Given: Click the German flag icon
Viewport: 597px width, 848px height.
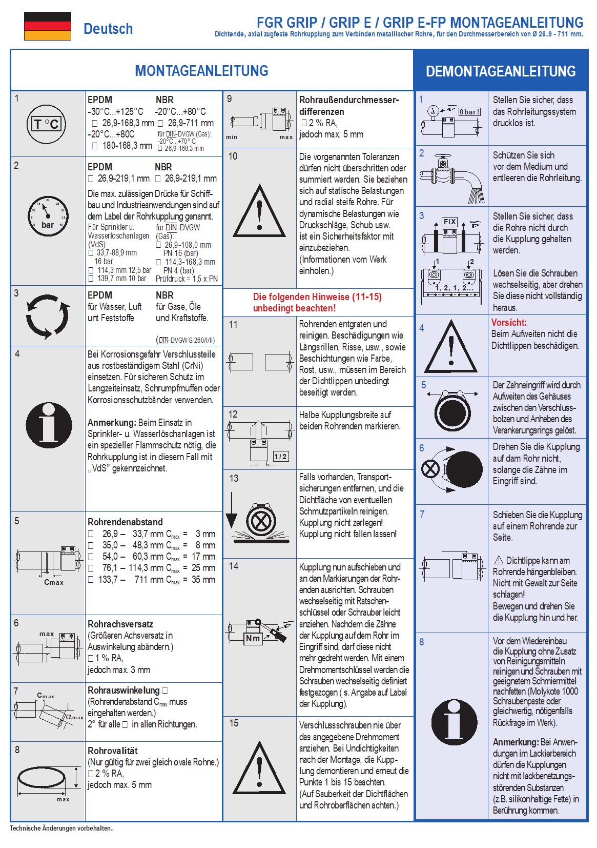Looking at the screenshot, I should [47, 26].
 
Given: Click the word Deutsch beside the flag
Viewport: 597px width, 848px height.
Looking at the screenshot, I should [108, 29].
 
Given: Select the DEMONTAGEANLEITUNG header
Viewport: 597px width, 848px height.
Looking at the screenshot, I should [501, 71].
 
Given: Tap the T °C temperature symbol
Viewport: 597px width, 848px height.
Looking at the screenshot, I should [46, 124].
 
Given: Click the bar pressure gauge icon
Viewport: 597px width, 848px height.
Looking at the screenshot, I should [47, 216].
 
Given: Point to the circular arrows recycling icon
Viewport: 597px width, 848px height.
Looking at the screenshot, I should [47, 316].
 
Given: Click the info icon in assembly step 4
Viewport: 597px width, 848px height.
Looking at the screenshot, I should [49, 425].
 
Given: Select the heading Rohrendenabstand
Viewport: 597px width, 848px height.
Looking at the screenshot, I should [125, 522].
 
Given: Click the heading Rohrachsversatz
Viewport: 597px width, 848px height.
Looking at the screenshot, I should [120, 624].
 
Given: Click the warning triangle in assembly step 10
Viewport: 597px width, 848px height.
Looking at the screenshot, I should [259, 212].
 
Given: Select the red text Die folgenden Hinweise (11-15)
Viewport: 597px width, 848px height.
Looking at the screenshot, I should [317, 297].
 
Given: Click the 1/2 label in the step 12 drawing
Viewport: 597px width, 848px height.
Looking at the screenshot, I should [280, 457].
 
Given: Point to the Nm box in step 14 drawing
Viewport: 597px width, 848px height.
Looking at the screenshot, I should [253, 638].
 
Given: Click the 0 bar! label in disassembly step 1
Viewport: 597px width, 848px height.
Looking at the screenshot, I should [469, 112].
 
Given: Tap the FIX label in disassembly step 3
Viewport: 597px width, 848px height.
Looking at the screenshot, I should [449, 222].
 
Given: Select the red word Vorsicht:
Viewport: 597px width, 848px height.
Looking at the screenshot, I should [509, 323].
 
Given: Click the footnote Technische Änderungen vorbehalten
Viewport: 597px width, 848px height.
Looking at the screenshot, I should [61, 828].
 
